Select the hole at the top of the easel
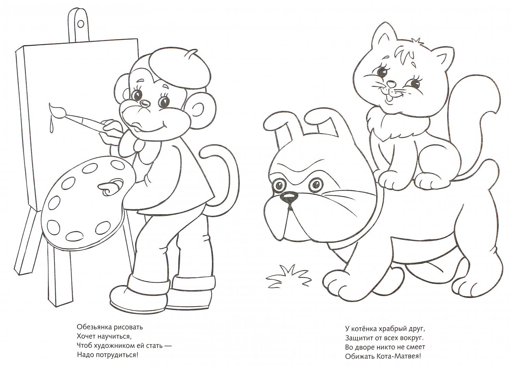80,24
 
